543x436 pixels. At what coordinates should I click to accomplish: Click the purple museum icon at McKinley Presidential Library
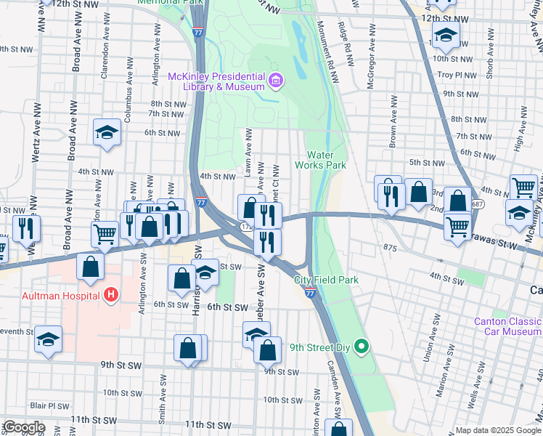pos(275,81)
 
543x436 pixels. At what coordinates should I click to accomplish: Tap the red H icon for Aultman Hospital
pos(111,294)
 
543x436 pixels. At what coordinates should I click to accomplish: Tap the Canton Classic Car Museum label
pos(507,326)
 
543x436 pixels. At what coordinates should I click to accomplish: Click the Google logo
pos(23,427)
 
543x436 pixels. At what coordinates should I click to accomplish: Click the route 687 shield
pos(478,206)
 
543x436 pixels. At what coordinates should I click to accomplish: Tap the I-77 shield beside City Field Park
pos(310,292)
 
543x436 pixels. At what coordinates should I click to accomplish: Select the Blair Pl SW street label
pos(49,406)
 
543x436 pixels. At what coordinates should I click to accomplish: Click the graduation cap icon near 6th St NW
pos(107,133)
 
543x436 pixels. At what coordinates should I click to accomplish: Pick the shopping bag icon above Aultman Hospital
pos(90,266)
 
